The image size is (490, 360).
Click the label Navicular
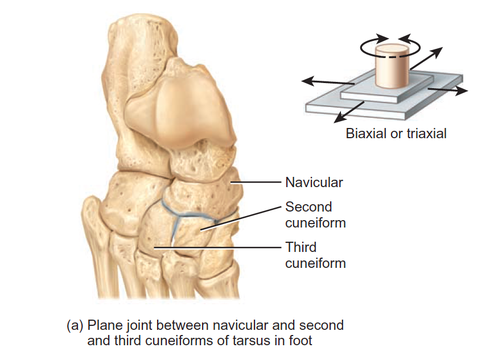tap(314, 183)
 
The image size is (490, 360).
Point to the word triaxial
tap(424, 134)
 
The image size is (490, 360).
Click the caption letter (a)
tap(75, 325)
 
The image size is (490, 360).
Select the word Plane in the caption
tap(102, 325)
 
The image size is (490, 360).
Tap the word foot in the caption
tap(299, 341)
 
